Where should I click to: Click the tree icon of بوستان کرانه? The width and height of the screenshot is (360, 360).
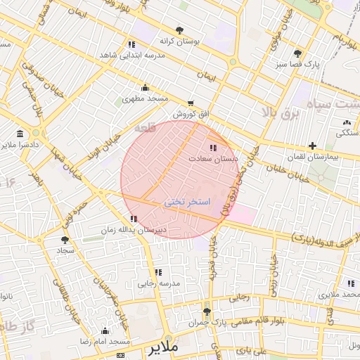click(x=180, y=30)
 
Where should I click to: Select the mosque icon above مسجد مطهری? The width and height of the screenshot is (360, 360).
click(x=145, y=87)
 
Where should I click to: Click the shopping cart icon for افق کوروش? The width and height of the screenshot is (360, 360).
click(x=191, y=103)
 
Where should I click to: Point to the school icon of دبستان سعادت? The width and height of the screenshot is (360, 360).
click(x=213, y=148)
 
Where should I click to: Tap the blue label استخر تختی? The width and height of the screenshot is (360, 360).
click(x=187, y=202)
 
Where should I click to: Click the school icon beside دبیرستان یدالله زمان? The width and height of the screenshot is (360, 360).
click(x=134, y=219)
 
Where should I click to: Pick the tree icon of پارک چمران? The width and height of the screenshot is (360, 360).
click(x=206, y=311)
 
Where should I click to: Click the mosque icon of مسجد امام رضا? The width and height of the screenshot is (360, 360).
click(x=105, y=330)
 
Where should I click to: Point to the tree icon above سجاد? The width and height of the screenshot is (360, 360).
click(x=65, y=240)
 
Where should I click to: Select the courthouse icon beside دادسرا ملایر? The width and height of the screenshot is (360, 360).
click(x=19, y=134)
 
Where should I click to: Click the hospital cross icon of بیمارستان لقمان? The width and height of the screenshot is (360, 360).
click(x=312, y=146)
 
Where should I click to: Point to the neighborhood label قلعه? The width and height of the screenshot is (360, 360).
click(x=131, y=129)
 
